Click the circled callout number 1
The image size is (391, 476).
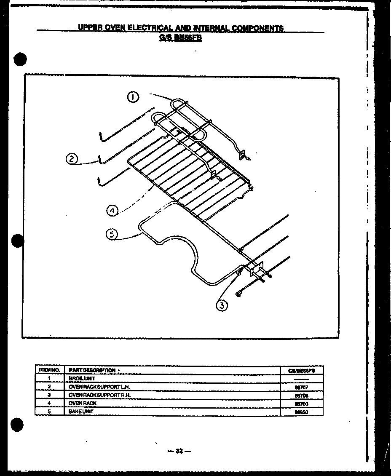click(133, 98)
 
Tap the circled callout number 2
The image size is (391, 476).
click(72, 159)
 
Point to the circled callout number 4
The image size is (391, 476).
click(112, 210)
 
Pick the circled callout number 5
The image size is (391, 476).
click(112, 235)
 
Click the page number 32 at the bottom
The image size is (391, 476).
click(179, 451)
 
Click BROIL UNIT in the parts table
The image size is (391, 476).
click(79, 378)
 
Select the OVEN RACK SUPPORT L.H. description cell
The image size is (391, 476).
click(99, 386)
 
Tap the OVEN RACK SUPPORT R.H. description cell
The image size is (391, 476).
click(99, 395)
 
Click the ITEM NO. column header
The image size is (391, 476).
click(49, 370)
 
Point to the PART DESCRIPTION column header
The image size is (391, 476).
click(92, 370)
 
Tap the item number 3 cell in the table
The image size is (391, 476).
click(49, 395)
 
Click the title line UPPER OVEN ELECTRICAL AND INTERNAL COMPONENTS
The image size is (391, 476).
click(181, 28)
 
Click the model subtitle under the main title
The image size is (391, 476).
click(181, 36)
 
